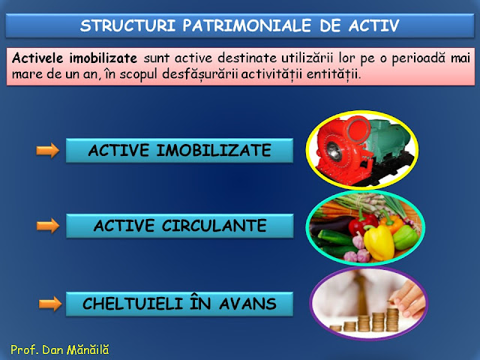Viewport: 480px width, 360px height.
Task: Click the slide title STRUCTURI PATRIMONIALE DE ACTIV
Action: click(240, 25)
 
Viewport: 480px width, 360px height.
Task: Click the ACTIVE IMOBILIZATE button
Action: click(179, 151)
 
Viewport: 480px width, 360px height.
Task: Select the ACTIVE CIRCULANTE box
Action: click(179, 225)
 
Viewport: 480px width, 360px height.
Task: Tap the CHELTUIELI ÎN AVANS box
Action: click(179, 304)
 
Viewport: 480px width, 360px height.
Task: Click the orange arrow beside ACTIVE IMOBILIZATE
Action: click(48, 151)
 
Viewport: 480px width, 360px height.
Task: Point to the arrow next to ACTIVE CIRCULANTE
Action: click(48, 226)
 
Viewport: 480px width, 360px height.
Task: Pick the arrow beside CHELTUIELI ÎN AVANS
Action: click(48, 304)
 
